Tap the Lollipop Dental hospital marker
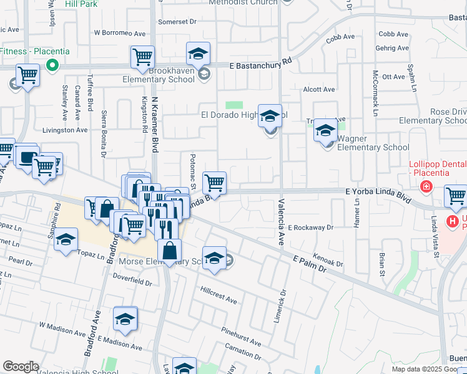[x=426, y=186]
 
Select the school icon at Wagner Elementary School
[x=325, y=130]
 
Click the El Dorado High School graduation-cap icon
[x=270, y=116]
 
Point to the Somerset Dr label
[x=177, y=21]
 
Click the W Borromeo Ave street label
[x=119, y=33]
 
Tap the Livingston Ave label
[x=65, y=130]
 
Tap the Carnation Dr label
[x=242, y=350]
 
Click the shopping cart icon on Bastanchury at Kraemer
[x=142, y=57]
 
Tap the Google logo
[x=21, y=367]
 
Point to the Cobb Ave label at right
[x=393, y=34]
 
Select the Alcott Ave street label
[x=318, y=90]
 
